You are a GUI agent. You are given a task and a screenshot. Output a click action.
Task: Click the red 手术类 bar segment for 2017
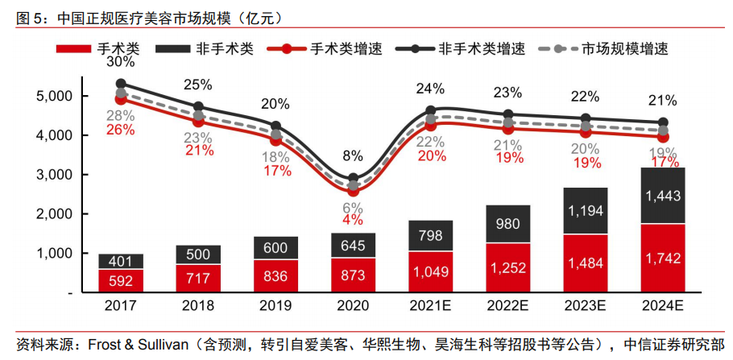(x=121, y=280)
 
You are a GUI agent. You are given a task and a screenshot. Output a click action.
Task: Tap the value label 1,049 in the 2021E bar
(x=431, y=271)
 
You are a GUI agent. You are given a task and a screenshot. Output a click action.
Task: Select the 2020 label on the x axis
(x=353, y=308)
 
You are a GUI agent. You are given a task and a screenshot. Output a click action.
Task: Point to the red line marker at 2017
(x=121, y=99)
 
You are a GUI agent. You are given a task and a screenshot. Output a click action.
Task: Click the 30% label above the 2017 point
(x=121, y=62)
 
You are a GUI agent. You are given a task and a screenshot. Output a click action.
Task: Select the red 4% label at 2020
(x=352, y=220)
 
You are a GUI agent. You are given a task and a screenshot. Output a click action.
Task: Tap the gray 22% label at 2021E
(x=431, y=142)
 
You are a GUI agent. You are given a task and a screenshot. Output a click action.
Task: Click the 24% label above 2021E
(x=431, y=89)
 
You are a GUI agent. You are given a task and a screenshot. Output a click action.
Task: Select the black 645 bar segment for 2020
(x=353, y=245)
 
